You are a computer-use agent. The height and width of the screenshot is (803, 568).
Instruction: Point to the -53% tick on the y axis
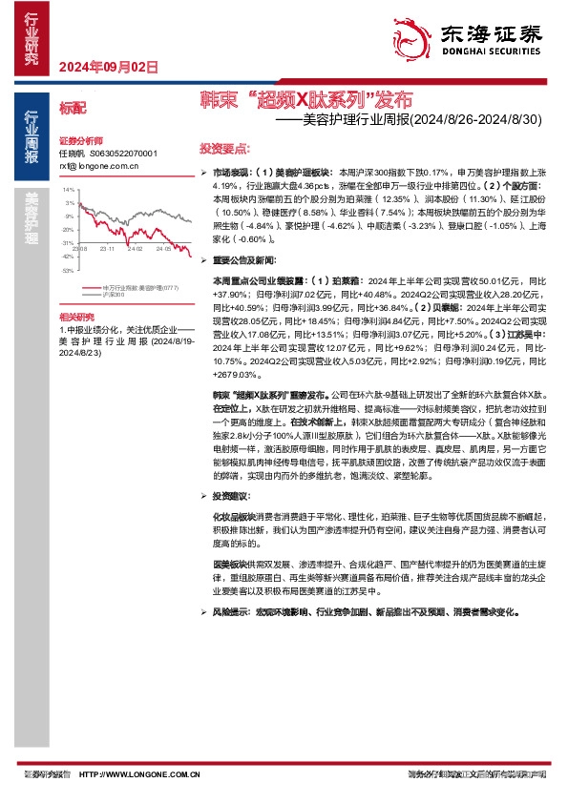(68, 271)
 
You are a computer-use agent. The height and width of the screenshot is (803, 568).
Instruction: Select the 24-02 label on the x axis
(133, 248)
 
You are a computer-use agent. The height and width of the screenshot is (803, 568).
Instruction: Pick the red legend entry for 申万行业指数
(139, 287)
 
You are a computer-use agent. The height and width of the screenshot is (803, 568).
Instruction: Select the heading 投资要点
(224, 150)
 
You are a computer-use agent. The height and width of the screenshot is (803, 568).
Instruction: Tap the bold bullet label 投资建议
(230, 496)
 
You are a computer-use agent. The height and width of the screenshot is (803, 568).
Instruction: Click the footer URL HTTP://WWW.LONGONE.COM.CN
(138, 774)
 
